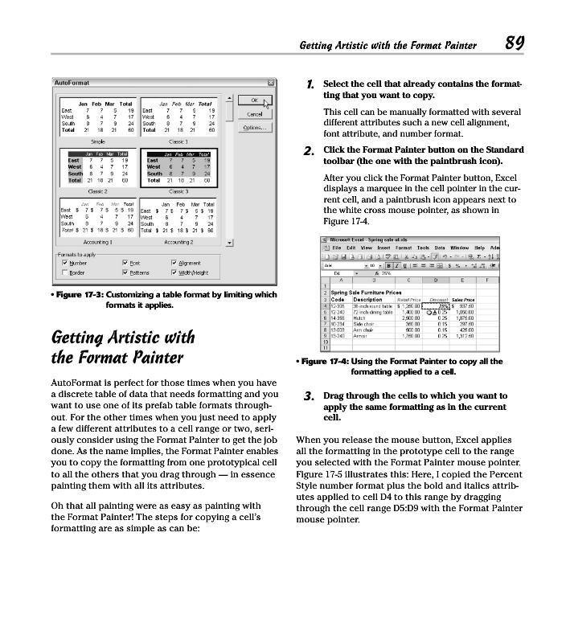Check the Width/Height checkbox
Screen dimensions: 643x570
point(175,272)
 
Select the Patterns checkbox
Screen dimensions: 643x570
point(123,272)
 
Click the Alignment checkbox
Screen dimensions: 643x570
point(175,262)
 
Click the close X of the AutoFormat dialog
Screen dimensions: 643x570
point(271,83)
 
